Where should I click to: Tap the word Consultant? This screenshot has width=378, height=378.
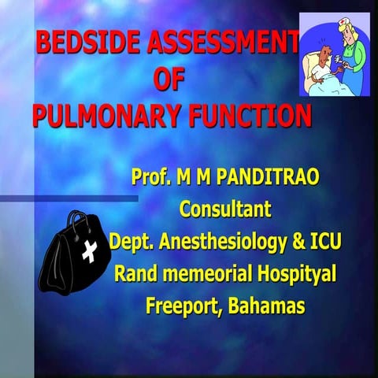(x=225, y=209)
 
